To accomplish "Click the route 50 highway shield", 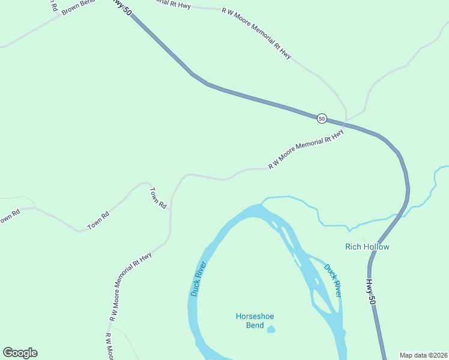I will (322, 119).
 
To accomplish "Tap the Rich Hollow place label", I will (367, 247).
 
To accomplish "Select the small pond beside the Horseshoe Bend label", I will (271, 329).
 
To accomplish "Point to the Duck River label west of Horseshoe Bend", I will (199, 279).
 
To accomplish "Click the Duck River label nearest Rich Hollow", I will (333, 280).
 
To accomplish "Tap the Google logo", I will (20, 353).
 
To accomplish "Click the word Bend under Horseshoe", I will (255, 326).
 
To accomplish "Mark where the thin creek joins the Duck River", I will (262, 202).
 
